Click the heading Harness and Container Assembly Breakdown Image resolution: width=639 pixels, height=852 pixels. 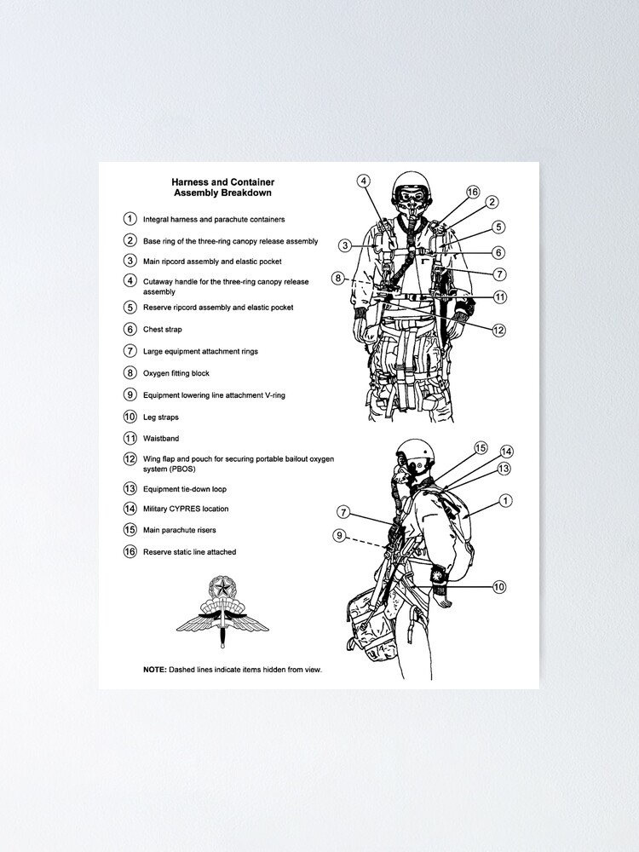(222, 187)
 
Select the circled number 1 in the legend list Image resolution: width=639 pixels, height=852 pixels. (130, 219)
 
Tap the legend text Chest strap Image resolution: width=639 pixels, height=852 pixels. (162, 330)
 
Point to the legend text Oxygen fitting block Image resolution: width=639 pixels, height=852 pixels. (176, 373)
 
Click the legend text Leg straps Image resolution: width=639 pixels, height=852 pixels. (160, 417)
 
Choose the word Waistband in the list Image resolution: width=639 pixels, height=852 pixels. (161, 439)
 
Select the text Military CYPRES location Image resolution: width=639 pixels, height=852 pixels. (185, 509)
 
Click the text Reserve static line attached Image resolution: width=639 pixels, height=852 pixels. (189, 552)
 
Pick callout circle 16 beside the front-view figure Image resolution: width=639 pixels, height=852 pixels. (473, 193)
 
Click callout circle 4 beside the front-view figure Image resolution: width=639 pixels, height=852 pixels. (363, 181)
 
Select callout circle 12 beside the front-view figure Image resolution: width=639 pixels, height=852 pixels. (498, 331)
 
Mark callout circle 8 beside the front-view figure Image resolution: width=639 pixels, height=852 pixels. (338, 278)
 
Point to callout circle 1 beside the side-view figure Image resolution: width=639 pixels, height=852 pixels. (506, 501)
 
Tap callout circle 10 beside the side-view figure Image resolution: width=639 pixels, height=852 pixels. (499, 586)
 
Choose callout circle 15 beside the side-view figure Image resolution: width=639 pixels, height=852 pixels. (481, 447)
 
